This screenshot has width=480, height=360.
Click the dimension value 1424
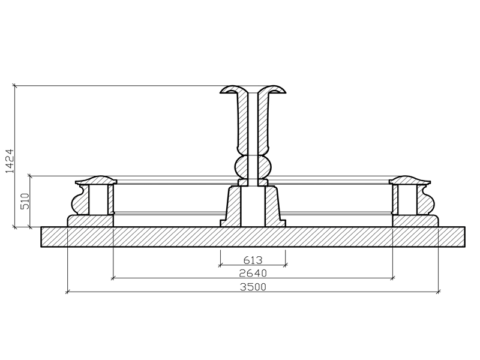click(10, 161)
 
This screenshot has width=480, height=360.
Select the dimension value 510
click(25, 201)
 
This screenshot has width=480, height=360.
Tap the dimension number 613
click(253, 260)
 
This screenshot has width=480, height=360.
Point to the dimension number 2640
click(253, 273)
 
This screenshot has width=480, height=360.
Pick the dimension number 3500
click(253, 287)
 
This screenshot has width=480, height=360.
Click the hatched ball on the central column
click(253, 167)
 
